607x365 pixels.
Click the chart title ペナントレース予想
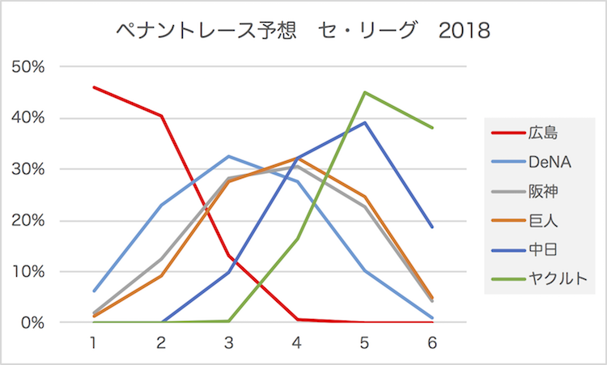[202, 31]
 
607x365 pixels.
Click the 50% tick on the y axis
[29, 66]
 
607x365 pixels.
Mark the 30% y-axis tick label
[29, 169]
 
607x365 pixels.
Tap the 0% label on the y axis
[33, 323]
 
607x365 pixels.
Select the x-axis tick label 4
[297, 342]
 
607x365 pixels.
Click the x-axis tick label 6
[433, 342]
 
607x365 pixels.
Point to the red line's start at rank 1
[94, 87]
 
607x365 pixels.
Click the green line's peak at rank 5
[365, 92]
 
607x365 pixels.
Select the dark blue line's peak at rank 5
[365, 122]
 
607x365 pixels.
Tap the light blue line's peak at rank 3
[229, 156]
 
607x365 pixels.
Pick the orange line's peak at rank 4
[297, 159]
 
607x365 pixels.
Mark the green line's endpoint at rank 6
[433, 128]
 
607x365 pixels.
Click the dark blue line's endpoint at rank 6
[433, 227]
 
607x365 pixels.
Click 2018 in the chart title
[464, 31]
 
